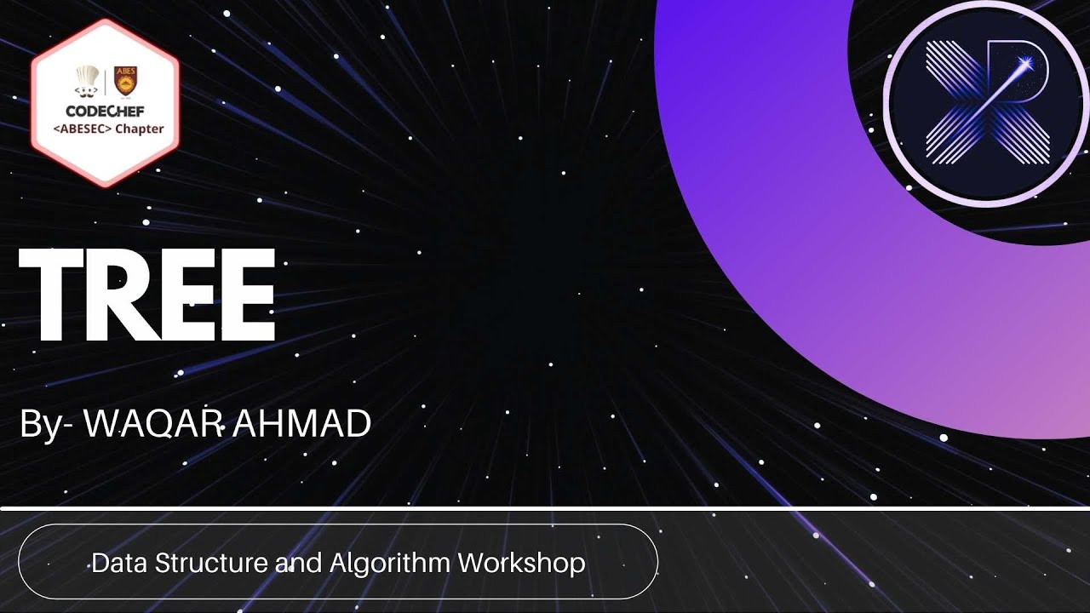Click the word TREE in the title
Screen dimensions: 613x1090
[x=146, y=296]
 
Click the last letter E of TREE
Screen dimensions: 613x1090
[x=243, y=296]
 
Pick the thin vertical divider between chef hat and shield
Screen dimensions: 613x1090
[x=105, y=82]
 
